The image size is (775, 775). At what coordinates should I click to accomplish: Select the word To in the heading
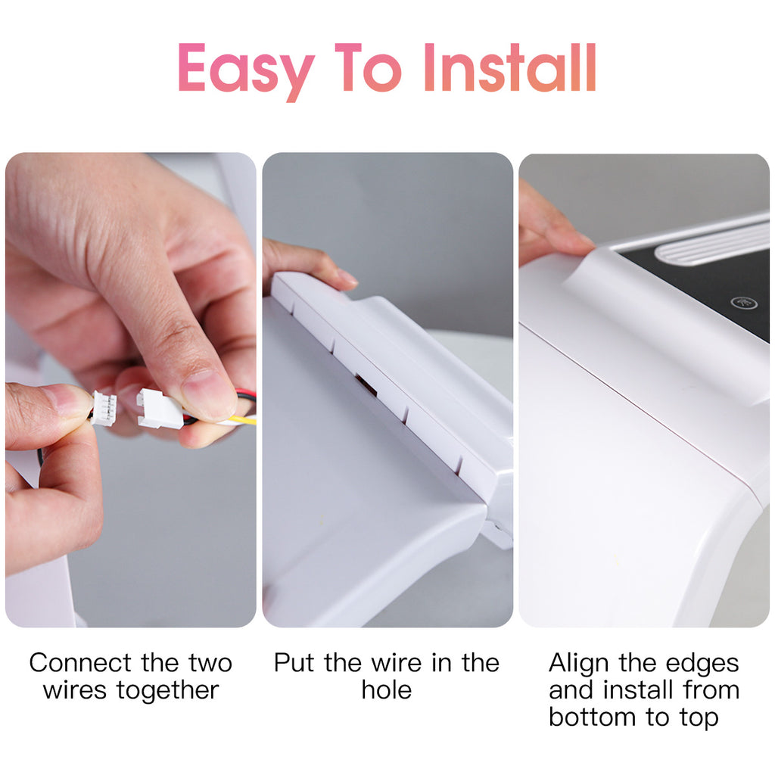(x=369, y=67)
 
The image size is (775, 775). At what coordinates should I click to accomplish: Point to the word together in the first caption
(x=167, y=690)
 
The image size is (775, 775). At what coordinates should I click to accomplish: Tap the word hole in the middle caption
(x=387, y=689)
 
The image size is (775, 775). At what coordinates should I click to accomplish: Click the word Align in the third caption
(x=579, y=664)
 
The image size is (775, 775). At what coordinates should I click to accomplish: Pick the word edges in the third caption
(x=702, y=664)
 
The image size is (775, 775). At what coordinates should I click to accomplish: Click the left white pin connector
(x=103, y=408)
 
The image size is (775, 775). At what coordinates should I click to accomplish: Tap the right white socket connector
(x=158, y=408)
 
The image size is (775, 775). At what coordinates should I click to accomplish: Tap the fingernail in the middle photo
(x=347, y=277)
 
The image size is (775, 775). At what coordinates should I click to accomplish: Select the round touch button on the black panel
(x=744, y=303)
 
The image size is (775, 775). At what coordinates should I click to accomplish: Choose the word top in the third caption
(x=699, y=717)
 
